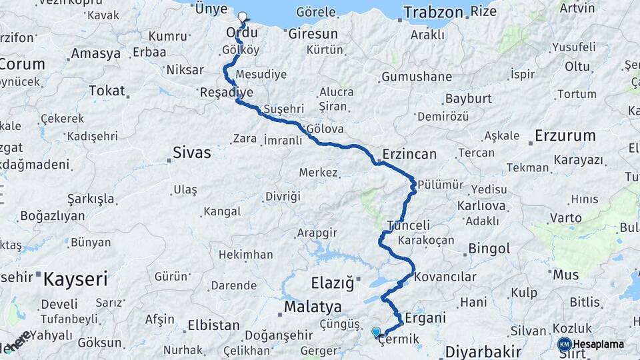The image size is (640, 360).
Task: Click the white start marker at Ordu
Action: (242, 17)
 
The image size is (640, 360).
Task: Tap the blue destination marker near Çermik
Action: (376, 331)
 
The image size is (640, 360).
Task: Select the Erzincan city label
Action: (409, 154)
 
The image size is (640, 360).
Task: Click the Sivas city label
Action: (192, 152)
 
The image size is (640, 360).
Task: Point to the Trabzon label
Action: (433, 12)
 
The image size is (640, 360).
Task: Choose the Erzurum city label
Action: (565, 135)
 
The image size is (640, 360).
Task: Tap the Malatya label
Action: (313, 307)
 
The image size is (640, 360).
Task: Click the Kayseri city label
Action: (75, 279)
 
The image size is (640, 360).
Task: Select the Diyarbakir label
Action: (483, 351)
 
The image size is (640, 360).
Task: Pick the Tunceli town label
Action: (408, 225)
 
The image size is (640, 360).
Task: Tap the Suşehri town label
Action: (283, 108)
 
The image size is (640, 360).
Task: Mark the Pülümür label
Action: (441, 185)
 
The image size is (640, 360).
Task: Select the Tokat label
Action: (107, 90)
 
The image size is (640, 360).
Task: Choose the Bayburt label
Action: (468, 98)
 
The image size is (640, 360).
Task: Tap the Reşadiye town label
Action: (227, 92)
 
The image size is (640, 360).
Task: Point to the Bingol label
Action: (489, 249)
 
